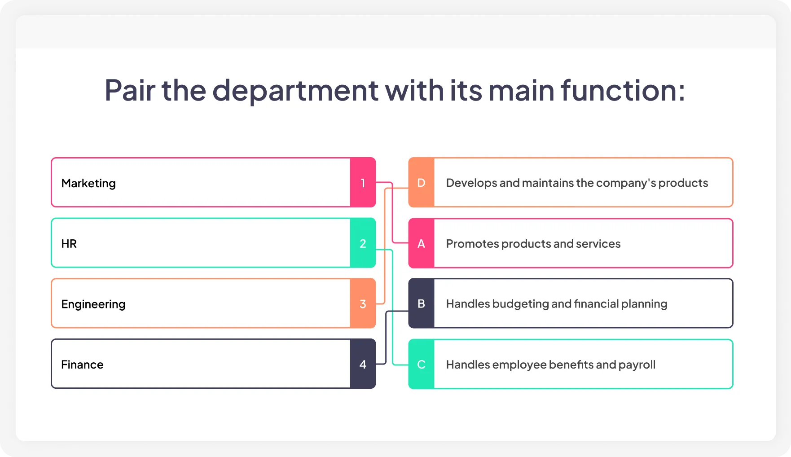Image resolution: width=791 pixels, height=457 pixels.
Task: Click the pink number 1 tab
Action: (363, 183)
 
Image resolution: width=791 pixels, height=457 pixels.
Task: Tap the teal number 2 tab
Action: (363, 243)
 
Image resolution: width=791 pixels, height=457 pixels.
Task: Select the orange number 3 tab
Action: (363, 303)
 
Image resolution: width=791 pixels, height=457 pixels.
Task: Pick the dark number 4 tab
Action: (363, 364)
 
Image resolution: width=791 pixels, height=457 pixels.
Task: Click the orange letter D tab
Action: (421, 183)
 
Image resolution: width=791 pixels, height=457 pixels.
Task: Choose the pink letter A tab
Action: (421, 243)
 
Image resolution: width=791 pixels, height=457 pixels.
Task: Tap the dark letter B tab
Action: (421, 303)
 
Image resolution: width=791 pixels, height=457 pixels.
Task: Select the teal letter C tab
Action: (421, 364)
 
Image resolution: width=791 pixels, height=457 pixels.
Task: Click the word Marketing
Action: (88, 183)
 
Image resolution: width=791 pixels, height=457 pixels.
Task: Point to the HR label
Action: (69, 244)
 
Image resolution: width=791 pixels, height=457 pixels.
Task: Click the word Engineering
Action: (93, 304)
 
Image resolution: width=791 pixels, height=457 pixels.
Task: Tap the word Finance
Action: (82, 365)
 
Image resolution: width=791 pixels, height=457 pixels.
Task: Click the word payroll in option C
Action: (637, 365)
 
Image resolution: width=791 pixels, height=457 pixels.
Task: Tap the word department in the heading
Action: (295, 91)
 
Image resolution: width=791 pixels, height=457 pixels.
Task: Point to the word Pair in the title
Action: (130, 90)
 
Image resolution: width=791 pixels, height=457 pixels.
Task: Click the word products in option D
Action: (683, 183)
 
